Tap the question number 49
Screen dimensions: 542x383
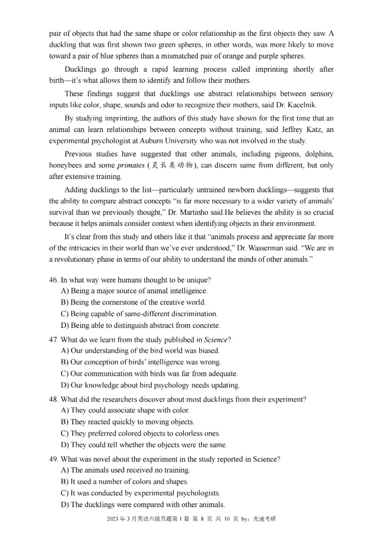54,459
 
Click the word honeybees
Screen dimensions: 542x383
68,166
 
